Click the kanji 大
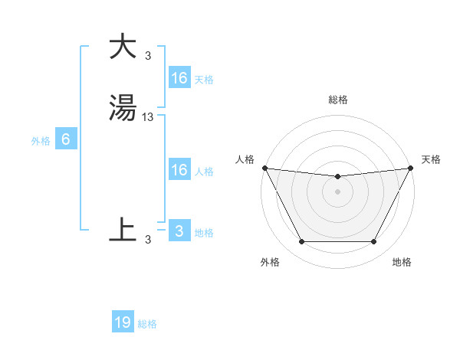click(123, 46)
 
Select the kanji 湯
click(123, 108)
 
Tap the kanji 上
click(123, 229)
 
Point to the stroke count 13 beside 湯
click(148, 117)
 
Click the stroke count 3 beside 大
click(148, 55)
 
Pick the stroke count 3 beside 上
click(148, 239)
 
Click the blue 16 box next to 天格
click(179, 78)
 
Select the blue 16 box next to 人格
click(179, 170)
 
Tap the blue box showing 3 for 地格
click(179, 231)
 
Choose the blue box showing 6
click(66, 139)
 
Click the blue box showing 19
click(123, 322)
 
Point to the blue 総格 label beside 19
click(147, 324)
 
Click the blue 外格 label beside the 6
click(41, 141)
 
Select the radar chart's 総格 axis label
click(338, 100)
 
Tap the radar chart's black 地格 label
click(402, 262)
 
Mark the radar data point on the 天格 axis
click(412, 168)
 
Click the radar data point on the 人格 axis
click(264, 168)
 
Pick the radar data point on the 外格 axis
click(301, 242)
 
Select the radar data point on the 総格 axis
click(338, 177)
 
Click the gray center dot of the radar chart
click(338, 191)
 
